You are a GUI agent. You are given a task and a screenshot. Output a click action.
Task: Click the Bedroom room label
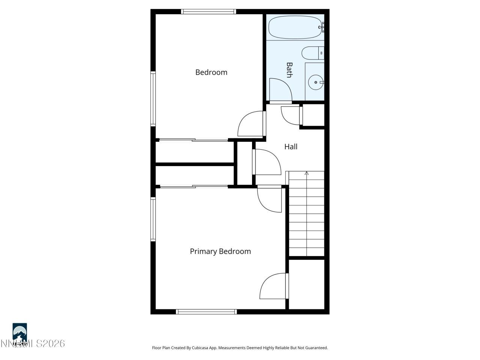point(211,72)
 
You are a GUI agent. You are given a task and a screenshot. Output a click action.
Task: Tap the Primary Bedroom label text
point(220,252)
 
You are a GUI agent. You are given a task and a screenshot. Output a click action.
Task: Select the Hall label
point(291,147)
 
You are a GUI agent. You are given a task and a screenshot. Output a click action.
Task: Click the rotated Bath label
point(289,70)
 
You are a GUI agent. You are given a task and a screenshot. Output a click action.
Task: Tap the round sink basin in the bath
point(316,82)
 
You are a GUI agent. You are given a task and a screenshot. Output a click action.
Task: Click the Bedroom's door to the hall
point(251,124)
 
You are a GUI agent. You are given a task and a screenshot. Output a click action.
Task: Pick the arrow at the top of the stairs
point(306,173)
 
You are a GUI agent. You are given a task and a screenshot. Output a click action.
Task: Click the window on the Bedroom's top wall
point(208,12)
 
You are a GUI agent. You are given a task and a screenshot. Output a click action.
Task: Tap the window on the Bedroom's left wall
point(153,99)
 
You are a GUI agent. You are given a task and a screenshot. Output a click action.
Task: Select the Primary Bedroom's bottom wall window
point(206,312)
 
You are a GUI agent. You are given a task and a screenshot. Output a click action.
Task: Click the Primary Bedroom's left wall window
point(153,219)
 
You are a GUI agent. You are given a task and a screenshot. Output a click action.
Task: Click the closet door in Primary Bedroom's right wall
point(274,286)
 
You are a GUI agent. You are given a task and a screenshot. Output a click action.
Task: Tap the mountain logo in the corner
point(19,332)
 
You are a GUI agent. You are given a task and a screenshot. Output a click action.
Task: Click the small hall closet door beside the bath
point(291,115)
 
